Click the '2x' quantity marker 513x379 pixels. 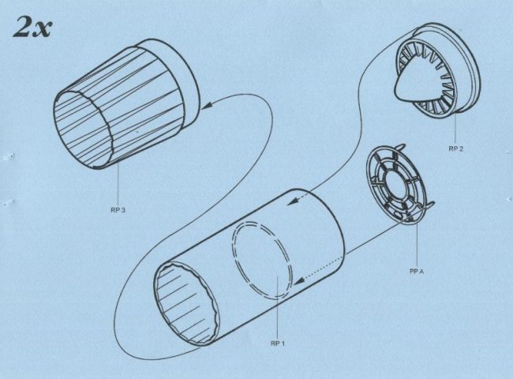click(x=32, y=27)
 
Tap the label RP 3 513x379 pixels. click(x=118, y=210)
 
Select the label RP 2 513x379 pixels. click(x=455, y=148)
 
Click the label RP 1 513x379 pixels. click(x=278, y=343)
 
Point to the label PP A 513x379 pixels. click(x=417, y=272)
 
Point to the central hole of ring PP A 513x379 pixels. click(x=397, y=185)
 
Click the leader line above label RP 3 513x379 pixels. click(x=118, y=184)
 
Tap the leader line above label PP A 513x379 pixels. click(x=417, y=243)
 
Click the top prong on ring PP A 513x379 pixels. click(x=401, y=148)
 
